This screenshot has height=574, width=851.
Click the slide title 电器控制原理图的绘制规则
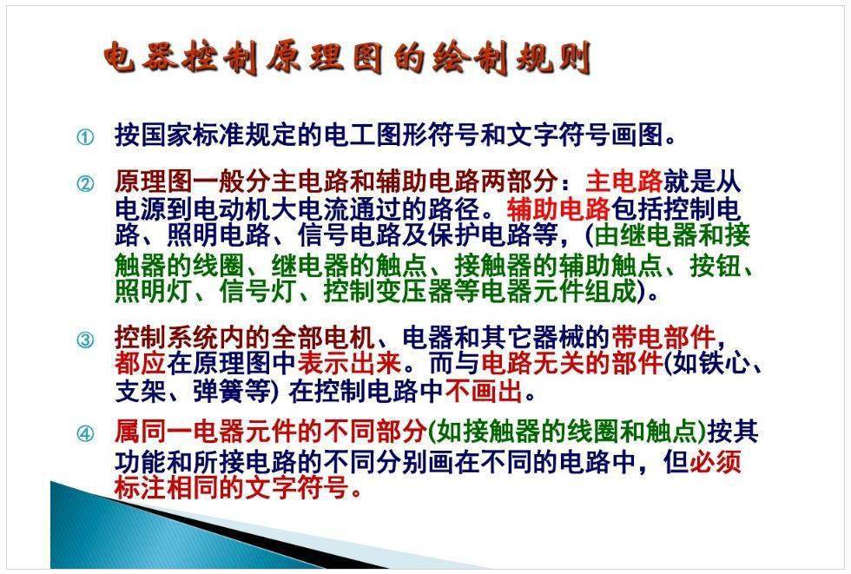(347, 58)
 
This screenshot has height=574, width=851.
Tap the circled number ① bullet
(85, 136)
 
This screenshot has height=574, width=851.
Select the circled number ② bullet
(85, 184)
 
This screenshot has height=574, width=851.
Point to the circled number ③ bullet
(85, 340)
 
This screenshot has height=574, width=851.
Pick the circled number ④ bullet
(85, 433)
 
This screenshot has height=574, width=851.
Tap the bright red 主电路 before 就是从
(624, 181)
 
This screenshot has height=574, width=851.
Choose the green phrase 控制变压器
(389, 291)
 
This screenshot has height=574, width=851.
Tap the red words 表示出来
(349, 364)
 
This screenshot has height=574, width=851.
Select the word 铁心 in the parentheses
(728, 364)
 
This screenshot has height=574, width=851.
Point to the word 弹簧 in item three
(219, 391)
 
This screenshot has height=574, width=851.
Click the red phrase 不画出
(484, 391)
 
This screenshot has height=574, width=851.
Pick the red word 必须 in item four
(716, 462)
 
